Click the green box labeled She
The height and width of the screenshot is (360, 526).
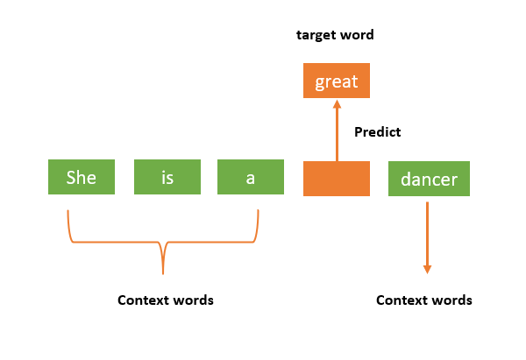(x=82, y=178)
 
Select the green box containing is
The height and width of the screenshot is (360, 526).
(x=167, y=178)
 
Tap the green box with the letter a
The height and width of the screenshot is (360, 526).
(x=251, y=178)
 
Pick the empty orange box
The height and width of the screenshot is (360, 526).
(x=337, y=178)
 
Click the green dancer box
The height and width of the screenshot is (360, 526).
(x=429, y=178)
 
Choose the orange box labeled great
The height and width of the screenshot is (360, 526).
(x=337, y=81)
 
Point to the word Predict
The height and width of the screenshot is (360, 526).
(x=377, y=132)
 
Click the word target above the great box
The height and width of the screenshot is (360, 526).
(x=314, y=36)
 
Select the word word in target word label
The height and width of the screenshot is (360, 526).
(x=357, y=36)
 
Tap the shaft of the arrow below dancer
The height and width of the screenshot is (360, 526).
(x=428, y=232)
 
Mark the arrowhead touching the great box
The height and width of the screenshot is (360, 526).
(x=337, y=104)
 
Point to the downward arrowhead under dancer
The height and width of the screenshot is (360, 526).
(x=428, y=268)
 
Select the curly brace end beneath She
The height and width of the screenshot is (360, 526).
(x=68, y=213)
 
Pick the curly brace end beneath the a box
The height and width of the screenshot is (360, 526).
(x=258, y=213)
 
